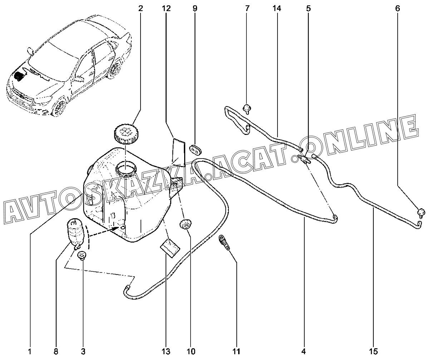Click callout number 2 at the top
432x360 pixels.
141,9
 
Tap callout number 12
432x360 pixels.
166,9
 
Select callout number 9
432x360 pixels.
195,9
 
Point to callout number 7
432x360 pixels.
247,9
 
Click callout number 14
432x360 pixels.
277,9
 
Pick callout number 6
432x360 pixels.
398,9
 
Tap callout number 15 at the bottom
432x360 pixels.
373,351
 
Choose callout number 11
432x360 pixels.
236,351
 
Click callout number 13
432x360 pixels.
166,351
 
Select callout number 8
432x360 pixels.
56,351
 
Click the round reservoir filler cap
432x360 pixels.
126,135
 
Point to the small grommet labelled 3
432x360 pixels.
82,255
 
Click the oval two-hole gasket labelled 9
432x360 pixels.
196,150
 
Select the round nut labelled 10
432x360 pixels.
185,224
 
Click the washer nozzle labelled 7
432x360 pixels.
247,109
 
